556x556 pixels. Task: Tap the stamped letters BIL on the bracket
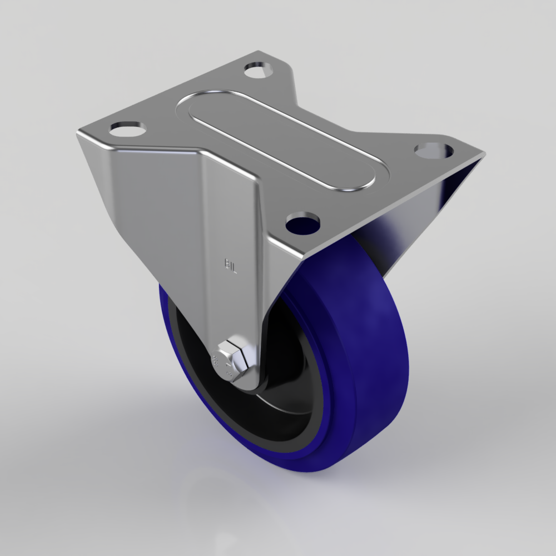click(x=231, y=265)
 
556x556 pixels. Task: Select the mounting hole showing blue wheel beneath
click(x=303, y=222)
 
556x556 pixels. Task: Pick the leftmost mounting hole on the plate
click(x=127, y=129)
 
